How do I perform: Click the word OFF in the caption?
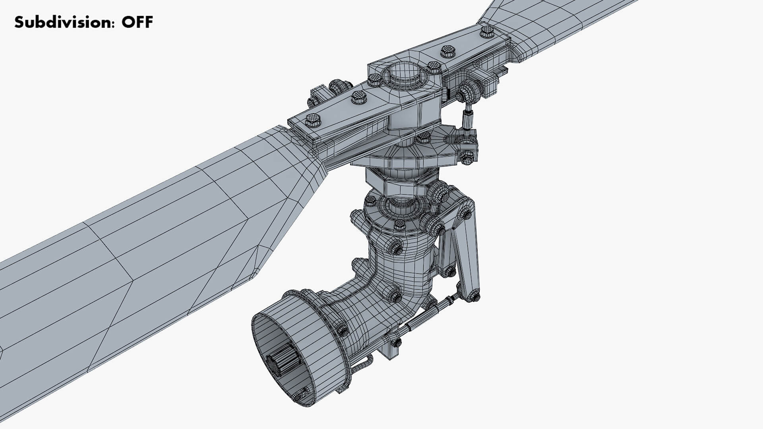point(137,22)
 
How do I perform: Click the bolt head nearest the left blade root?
point(313,119)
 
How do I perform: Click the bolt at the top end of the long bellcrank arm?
point(464,215)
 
